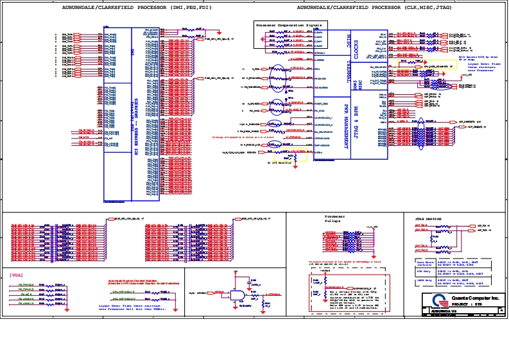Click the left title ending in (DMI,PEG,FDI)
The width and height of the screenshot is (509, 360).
pos(136,8)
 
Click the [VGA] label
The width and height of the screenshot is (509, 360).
pos(17,275)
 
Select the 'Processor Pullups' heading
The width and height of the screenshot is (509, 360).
pos(334,218)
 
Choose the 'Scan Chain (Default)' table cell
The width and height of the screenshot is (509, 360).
pos(424,263)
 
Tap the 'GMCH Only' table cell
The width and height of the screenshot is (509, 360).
pos(424,281)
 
